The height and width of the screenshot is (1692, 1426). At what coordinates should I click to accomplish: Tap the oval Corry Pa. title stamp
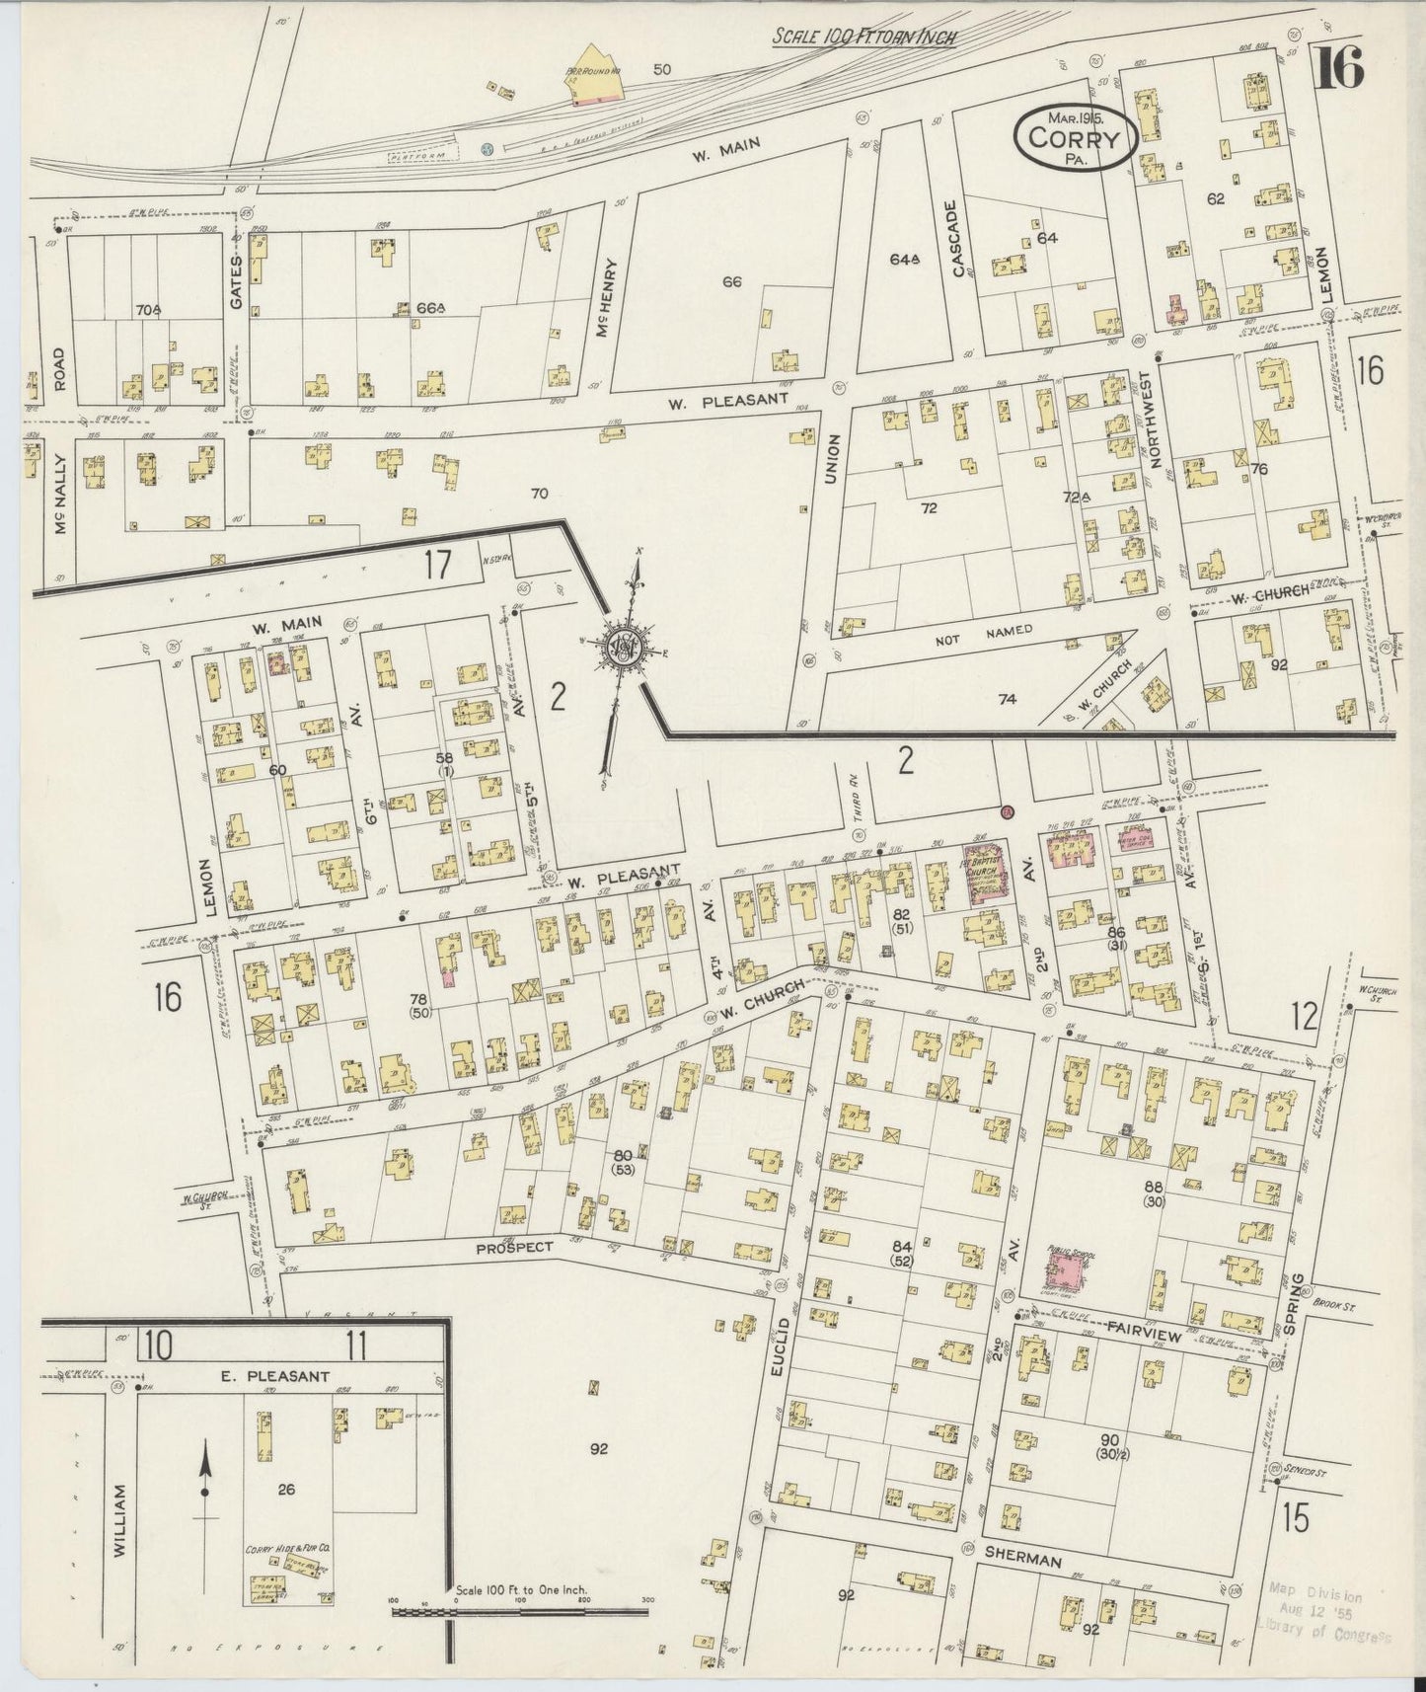click(1075, 139)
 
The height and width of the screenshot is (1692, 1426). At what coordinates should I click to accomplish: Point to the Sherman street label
click(1022, 1560)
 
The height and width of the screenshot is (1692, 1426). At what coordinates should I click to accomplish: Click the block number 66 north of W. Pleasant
click(731, 282)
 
